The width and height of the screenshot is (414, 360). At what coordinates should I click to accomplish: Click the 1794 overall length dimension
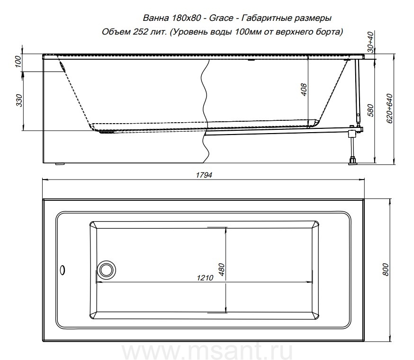tap(204, 175)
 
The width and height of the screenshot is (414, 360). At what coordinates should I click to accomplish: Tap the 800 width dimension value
tap(386, 270)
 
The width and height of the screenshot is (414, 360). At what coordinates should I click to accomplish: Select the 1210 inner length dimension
tap(205, 278)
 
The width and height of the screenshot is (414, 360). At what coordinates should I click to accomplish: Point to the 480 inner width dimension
tap(222, 270)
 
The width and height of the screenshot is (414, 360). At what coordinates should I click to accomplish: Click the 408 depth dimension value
tap(304, 90)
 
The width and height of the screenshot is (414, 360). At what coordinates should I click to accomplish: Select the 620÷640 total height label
tap(390, 108)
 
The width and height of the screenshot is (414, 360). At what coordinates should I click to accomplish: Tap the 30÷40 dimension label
tap(371, 42)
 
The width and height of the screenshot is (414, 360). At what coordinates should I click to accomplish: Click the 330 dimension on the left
tap(19, 100)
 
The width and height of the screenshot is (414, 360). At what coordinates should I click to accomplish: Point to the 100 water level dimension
tap(18, 62)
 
